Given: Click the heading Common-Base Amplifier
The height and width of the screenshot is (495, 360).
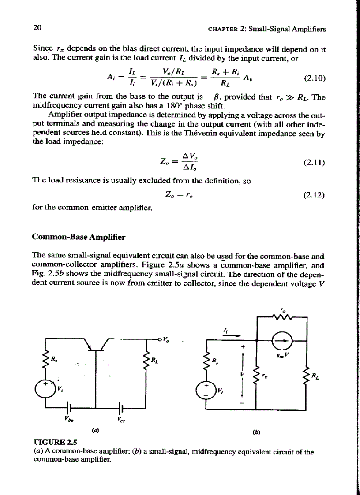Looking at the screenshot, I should pos(79,237).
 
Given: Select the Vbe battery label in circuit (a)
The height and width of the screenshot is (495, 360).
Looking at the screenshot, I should pos(70,420).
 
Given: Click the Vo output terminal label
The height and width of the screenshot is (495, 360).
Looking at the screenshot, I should pos(165,339).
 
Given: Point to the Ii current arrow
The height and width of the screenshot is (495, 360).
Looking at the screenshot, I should pos(232,335).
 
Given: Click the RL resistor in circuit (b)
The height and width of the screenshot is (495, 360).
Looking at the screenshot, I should pos(306,375).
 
